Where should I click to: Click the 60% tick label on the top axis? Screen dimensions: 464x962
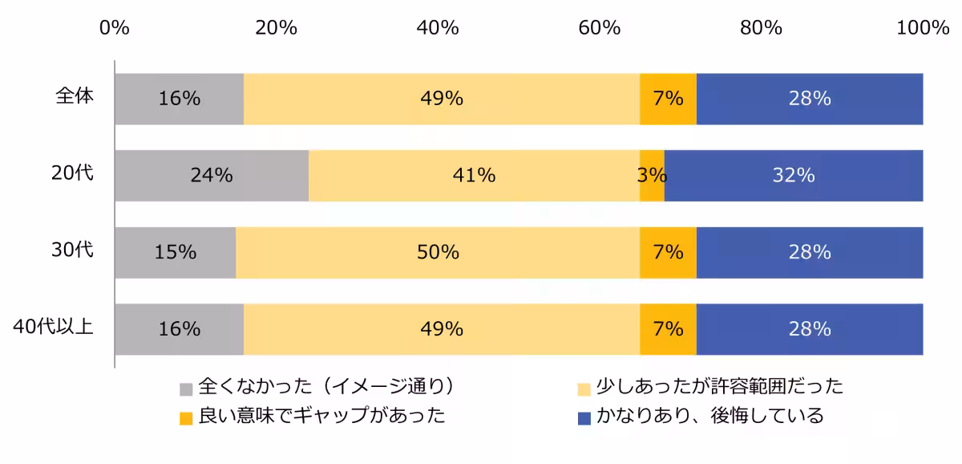600,27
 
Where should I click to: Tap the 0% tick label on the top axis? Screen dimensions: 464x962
115,27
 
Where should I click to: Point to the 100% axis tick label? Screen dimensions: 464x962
923,27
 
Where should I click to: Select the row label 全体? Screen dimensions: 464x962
75,96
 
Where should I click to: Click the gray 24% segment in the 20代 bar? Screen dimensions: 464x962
212,175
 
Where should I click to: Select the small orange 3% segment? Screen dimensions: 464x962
652,175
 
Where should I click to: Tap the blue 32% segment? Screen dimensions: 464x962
794,175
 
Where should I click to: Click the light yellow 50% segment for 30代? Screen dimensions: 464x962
438,252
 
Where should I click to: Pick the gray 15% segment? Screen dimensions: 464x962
176,252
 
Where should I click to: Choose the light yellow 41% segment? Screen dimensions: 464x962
474,175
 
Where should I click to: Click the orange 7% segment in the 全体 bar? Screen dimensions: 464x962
668,99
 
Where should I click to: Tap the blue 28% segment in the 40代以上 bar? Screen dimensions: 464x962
810,329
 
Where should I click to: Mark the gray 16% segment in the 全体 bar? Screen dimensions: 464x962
179,99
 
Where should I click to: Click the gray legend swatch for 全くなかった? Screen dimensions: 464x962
186,389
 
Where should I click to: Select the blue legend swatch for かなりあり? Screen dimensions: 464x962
584,417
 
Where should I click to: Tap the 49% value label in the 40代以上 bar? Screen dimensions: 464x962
442,329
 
